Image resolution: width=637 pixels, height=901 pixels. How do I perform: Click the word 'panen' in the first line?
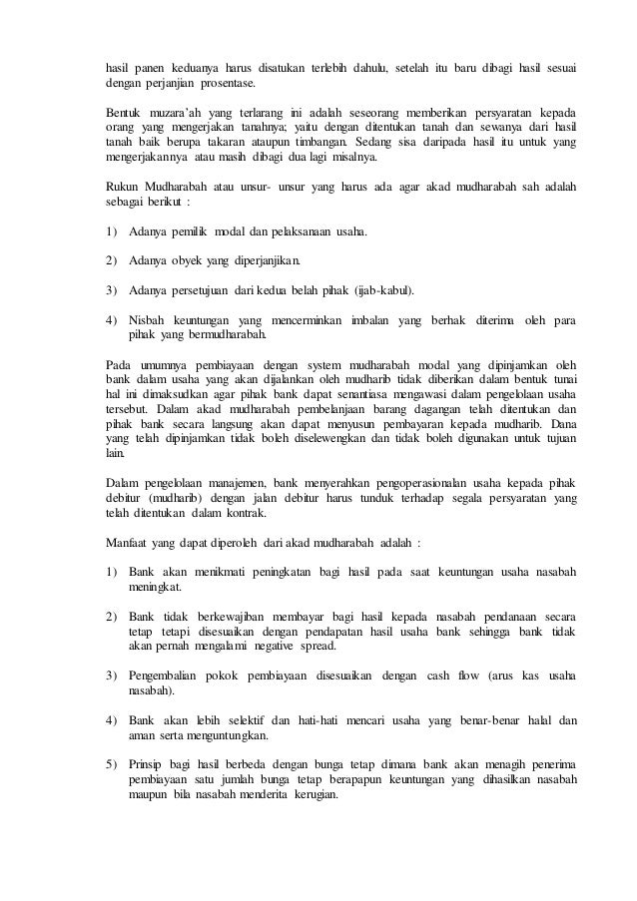click(149, 68)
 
